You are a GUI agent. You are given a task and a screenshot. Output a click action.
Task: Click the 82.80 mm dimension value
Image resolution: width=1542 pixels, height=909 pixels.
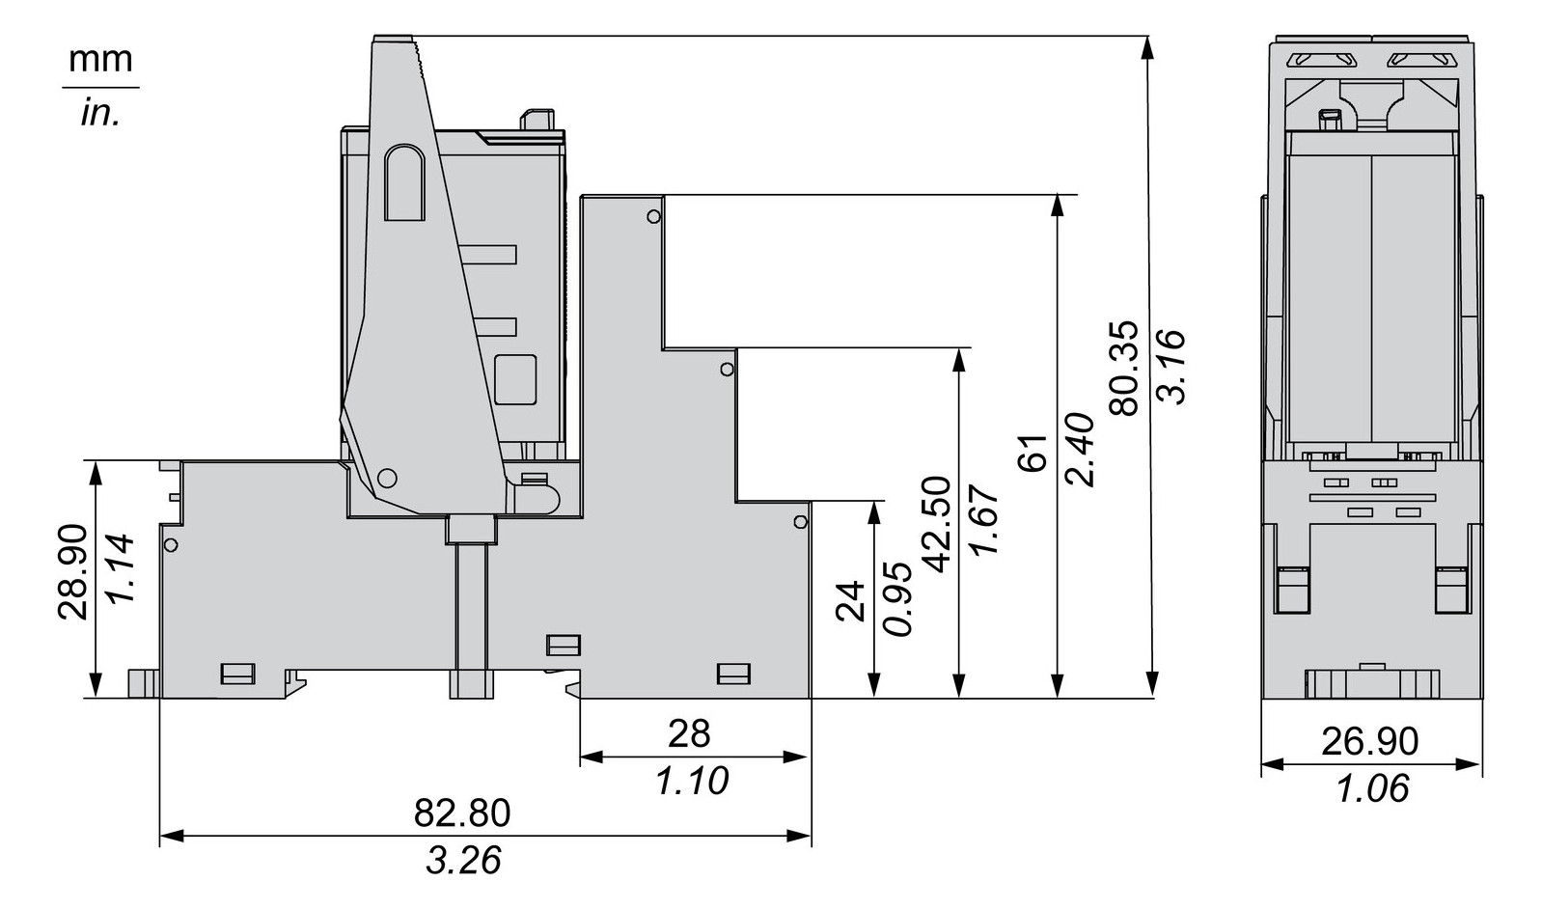coord(462,813)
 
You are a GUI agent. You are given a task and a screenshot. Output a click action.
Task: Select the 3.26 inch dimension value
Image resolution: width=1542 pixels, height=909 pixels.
coord(463,860)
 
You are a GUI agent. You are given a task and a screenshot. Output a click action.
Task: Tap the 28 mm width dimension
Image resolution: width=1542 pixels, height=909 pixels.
coord(689,734)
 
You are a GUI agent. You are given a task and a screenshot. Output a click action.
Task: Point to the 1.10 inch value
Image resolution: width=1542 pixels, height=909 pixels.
coord(692,781)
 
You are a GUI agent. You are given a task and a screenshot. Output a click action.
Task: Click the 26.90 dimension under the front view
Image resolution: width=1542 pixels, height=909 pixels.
coord(1369,741)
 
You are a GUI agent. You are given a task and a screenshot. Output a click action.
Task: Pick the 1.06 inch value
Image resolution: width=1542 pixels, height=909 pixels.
coord(1371,788)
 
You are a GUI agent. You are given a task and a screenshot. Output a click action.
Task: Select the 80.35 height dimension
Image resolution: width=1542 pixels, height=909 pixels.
coord(1124,369)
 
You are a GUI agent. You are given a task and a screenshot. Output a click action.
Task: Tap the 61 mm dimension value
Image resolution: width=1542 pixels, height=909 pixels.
coord(1032,453)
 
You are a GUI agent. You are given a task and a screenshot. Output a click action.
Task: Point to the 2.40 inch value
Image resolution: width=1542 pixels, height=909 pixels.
coord(1078,450)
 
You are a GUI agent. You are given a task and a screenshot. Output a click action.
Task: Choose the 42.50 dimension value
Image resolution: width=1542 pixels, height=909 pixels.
coord(935,524)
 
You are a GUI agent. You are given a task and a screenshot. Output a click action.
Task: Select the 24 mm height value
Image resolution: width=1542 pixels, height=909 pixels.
coord(850,602)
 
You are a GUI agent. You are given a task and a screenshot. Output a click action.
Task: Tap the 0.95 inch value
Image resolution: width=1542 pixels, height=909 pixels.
coord(897,599)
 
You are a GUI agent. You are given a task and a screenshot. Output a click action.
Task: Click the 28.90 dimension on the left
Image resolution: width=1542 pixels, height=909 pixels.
coord(73,571)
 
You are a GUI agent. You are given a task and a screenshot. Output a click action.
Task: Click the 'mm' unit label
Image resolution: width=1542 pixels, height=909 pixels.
coord(100,60)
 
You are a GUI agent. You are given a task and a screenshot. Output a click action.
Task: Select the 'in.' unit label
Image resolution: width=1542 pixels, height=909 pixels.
coord(100,113)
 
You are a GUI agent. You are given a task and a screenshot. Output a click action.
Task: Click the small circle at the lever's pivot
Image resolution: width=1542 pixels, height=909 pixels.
coord(388,478)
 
